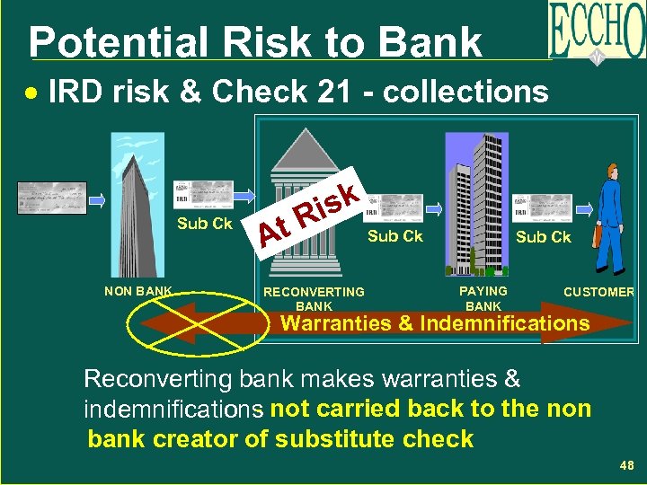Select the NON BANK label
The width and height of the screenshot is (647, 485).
[138, 291]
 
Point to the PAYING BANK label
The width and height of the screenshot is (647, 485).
[483, 298]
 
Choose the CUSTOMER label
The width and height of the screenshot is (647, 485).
[598, 292]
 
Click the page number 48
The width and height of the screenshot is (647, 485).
[626, 465]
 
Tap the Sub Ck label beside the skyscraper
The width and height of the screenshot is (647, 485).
[205, 224]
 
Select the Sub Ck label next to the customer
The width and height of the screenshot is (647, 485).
[543, 237]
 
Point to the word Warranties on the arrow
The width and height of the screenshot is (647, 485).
[338, 323]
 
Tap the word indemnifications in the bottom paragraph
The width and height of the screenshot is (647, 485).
[170, 410]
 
